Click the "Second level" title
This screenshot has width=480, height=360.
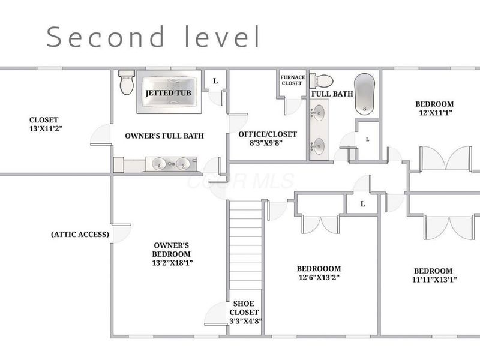(154, 37)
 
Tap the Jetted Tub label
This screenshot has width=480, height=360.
(168, 94)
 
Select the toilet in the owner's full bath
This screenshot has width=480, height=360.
(126, 82)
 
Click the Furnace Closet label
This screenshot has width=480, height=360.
(292, 80)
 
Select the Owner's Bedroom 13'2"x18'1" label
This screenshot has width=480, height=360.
(172, 254)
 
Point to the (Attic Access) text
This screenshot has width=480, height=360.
(80, 234)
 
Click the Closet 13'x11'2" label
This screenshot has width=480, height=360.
(46, 124)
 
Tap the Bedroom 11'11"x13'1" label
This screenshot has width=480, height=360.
(433, 275)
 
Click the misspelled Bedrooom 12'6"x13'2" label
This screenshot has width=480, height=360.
(319, 272)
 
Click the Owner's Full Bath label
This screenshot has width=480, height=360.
(164, 136)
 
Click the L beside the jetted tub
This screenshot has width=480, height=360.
(215, 80)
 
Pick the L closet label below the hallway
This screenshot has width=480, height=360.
(362, 204)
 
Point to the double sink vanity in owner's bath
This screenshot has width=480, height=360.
(168, 163)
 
